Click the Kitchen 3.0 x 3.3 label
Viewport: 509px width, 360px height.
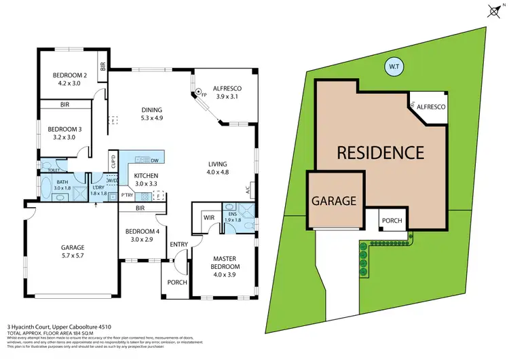point(146,179)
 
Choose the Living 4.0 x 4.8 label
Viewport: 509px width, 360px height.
point(217,168)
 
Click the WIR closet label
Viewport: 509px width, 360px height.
point(208,218)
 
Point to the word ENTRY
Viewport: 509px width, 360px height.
point(179,245)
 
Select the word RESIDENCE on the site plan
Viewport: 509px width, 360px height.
point(381,152)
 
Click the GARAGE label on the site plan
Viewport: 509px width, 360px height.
point(334,201)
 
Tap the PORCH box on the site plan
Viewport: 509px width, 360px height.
point(392,220)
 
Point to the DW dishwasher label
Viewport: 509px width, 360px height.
point(156,160)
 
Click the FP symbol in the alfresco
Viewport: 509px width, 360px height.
point(198,92)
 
